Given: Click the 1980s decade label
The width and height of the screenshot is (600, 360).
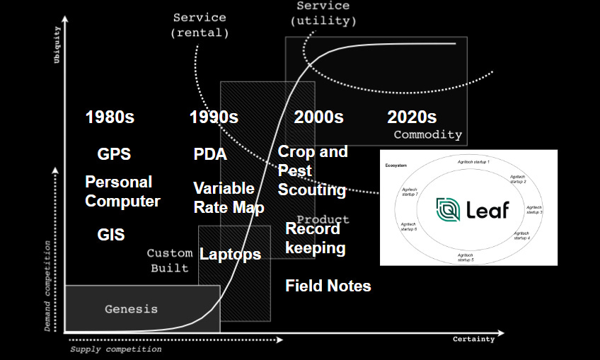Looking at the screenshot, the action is tap(110, 117).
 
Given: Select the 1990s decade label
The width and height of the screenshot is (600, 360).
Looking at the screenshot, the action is tap(214, 117).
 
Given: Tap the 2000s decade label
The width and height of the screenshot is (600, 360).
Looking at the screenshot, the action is tap(318, 117).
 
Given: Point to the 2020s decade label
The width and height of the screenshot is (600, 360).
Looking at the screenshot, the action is tap(412, 117).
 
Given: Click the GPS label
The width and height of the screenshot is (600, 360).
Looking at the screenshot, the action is tap(114, 154).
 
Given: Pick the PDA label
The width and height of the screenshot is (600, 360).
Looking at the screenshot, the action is tap(210, 154).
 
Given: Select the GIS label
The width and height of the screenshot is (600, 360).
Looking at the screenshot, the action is tap(111, 235).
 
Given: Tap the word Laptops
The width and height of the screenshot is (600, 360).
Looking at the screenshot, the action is tap(230, 255).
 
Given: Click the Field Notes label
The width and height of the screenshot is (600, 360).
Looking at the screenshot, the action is tap(328, 286).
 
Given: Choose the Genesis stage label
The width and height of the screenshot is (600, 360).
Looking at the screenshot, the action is tap(131, 309).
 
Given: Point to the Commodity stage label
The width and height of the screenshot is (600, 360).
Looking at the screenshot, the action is tap(427, 135).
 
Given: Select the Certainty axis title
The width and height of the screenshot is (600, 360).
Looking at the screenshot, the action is tap(473, 339).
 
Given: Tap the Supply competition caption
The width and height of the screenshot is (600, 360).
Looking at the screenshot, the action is tap(115, 349).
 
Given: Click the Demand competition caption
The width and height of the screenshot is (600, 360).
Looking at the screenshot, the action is tap(48, 286).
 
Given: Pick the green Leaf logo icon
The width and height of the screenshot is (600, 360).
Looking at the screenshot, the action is tap(448, 209).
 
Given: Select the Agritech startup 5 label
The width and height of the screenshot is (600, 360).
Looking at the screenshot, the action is tap(465, 257).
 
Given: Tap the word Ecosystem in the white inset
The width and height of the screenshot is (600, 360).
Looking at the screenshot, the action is tap(397, 165).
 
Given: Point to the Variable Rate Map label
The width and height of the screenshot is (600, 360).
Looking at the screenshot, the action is tap(229, 198).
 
